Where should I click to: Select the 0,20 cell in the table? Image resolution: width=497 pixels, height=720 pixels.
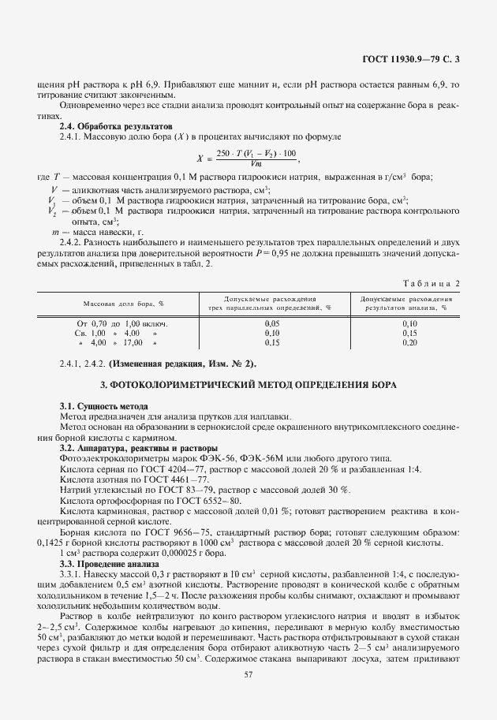coord(409,343)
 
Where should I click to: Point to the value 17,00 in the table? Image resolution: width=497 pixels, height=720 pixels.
coord(132,343)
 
